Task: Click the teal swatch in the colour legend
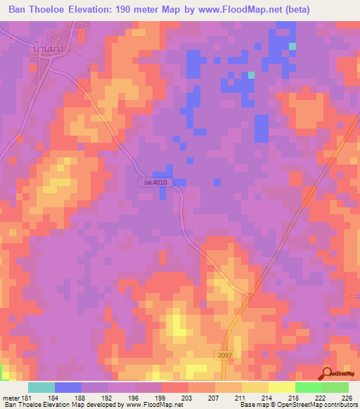tap(41, 388)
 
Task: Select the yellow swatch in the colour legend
tap(281, 388)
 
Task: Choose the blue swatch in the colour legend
tap(67, 388)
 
